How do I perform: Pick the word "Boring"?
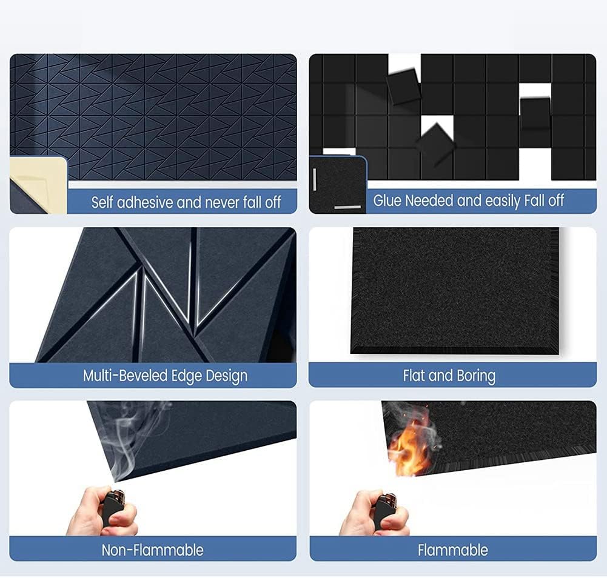click(476, 376)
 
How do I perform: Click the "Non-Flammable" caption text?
click(153, 550)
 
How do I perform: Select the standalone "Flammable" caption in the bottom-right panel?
click(452, 550)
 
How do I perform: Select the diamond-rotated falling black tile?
click(436, 143)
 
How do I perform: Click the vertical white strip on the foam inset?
click(314, 179)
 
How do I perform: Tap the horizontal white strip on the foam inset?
click(347, 207)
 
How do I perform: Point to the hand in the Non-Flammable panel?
click(102, 512)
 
